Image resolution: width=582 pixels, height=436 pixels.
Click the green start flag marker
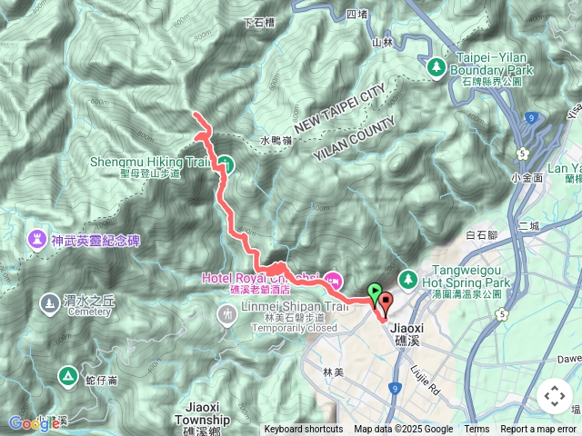pyautogui.click(x=376, y=292)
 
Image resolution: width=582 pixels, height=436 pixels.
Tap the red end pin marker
pyautogui.click(x=384, y=303)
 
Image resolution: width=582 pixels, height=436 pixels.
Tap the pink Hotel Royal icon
pyautogui.click(x=332, y=278)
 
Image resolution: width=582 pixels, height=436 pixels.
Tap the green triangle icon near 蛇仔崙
pyautogui.click(x=66, y=374)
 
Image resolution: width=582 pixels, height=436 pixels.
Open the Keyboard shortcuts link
pyautogui.click(x=304, y=430)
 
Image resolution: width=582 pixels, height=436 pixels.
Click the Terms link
pyautogui.click(x=477, y=430)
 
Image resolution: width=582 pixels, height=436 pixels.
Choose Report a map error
pyautogui.click(x=539, y=430)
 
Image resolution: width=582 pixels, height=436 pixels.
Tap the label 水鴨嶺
pyautogui.click(x=276, y=141)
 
